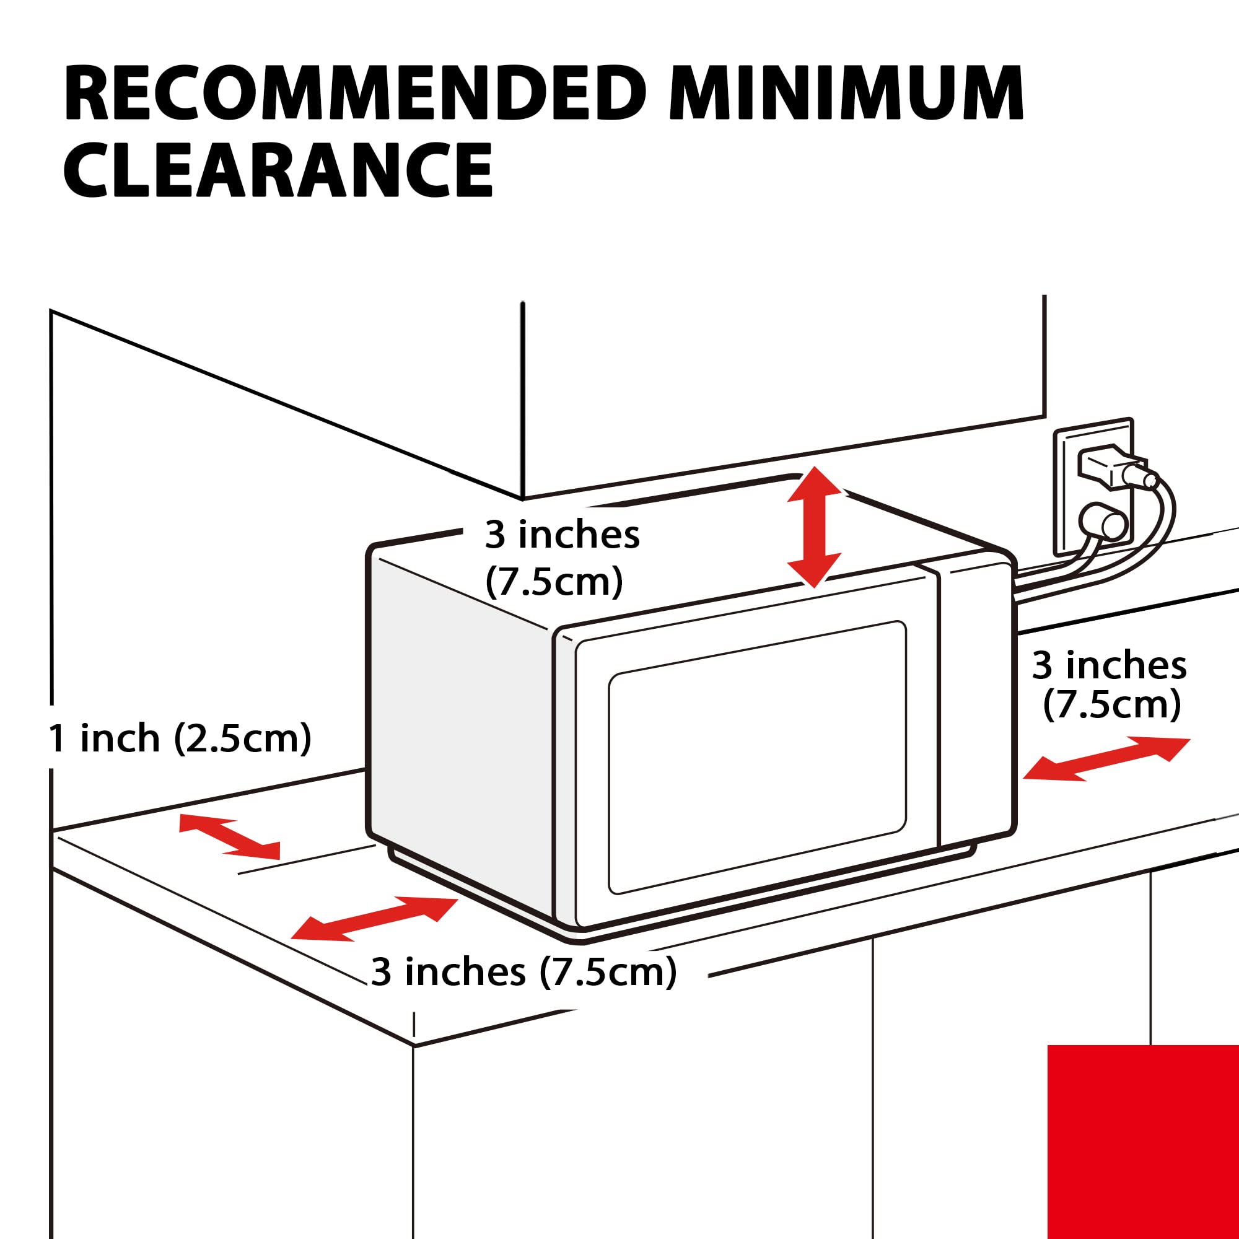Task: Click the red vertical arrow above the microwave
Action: pyautogui.click(x=814, y=527)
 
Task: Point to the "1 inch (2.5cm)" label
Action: pyautogui.click(x=180, y=738)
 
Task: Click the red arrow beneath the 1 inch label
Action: pyautogui.click(x=230, y=836)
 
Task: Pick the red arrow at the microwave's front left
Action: pyautogui.click(x=375, y=919)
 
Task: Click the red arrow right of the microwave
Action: pyautogui.click(x=1106, y=760)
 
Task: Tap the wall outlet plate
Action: pyautogui.click(x=1093, y=488)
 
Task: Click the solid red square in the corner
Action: pyautogui.click(x=1144, y=1142)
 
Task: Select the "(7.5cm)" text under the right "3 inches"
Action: pyautogui.click(x=1112, y=704)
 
